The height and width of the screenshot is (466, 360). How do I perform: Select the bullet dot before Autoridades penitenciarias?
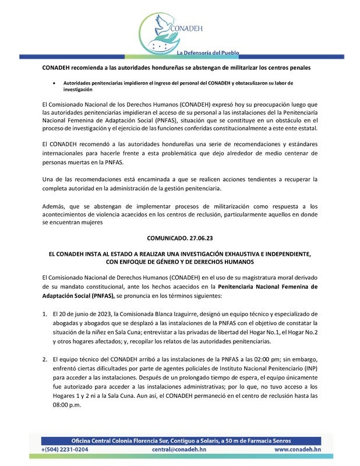[x=55, y=83]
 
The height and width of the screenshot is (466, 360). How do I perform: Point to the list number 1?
[x=45, y=313]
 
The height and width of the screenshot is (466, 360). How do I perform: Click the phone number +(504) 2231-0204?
[x=65, y=450]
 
